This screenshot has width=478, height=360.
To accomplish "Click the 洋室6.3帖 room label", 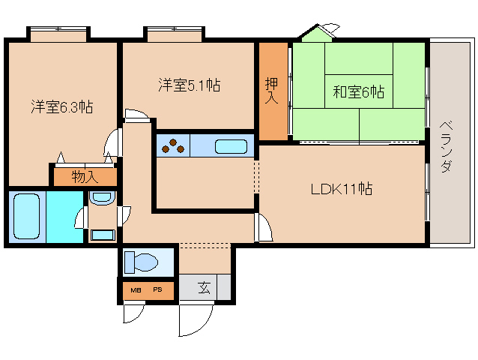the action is (x=62, y=106).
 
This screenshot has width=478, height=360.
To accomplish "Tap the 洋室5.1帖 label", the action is (x=190, y=85).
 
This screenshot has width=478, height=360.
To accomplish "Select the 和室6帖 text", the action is (x=358, y=91).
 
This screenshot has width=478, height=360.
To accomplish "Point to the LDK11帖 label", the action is (x=342, y=189).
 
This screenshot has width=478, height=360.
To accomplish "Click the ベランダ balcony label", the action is (x=447, y=147).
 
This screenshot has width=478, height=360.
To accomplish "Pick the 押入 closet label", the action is (x=271, y=91).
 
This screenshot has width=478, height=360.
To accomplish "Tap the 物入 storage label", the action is (x=85, y=177).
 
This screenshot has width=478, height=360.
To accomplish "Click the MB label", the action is (x=136, y=290).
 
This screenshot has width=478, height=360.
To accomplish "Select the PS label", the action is (x=157, y=289).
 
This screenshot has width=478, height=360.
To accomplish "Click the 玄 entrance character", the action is (x=204, y=287).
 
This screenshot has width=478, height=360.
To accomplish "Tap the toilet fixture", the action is (x=141, y=262).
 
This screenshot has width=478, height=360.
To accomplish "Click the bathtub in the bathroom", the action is (x=27, y=216).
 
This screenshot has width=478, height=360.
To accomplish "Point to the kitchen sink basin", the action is (x=231, y=146).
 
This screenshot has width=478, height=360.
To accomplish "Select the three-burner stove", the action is (x=173, y=145).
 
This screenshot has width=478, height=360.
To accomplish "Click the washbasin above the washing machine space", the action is (x=103, y=197).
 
